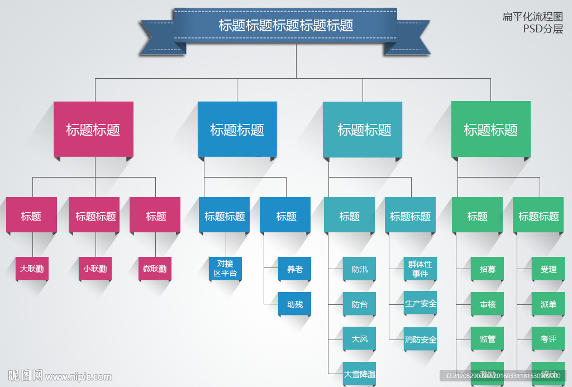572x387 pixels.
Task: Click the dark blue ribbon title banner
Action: click(x=285, y=26)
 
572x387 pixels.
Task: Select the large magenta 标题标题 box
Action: click(x=93, y=130)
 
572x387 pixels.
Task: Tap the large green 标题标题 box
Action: click(x=490, y=130)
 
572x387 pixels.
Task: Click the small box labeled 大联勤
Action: click(x=32, y=269)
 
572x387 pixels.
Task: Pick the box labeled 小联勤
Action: click(x=95, y=269)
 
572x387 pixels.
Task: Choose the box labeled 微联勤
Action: click(x=155, y=269)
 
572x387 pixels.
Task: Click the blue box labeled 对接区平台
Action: click(x=226, y=269)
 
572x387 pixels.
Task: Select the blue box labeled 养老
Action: click(x=295, y=269)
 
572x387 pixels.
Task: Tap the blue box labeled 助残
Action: click(x=295, y=304)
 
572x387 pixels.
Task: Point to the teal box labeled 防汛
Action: click(x=360, y=269)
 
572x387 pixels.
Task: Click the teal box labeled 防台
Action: click(x=360, y=304)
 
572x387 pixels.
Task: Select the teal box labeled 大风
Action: click(x=360, y=339)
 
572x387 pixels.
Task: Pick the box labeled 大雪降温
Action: click(x=360, y=374)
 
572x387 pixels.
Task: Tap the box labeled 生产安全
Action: click(x=421, y=303)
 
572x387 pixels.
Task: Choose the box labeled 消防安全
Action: click(x=421, y=339)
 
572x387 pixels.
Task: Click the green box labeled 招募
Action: click(x=488, y=269)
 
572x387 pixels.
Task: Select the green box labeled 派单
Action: click(x=549, y=304)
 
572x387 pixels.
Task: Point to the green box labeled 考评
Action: click(x=549, y=339)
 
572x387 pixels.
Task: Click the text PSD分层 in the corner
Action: click(x=542, y=29)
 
